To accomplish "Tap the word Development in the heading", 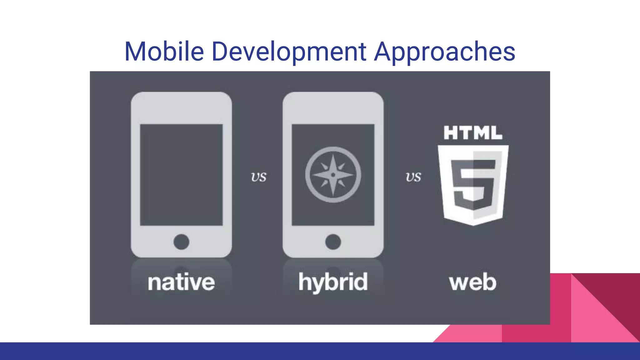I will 289,52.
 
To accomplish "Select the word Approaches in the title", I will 444,52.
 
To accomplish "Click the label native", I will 181,282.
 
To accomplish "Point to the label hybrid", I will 333,282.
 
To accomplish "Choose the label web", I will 472,282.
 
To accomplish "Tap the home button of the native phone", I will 181,242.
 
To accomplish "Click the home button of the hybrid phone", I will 333,242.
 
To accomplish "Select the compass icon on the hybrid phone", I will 333,175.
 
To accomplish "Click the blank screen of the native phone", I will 181,175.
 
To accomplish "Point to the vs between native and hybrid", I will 258,177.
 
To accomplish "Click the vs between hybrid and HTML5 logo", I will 413,177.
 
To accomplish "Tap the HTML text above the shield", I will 472,133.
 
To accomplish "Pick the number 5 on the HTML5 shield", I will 473,184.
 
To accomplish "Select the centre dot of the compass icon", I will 333,175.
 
